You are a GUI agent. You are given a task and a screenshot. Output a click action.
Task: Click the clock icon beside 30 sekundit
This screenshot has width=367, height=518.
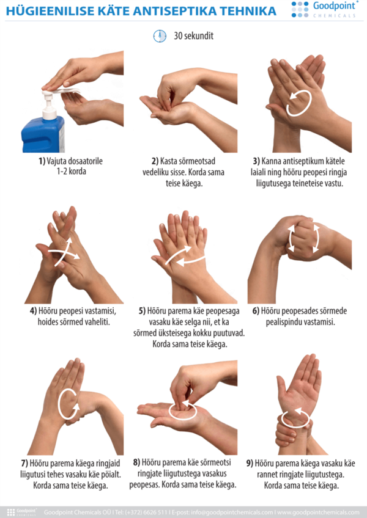click(x=160, y=35)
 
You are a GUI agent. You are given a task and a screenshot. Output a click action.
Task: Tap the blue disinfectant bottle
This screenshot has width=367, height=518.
click(x=43, y=134)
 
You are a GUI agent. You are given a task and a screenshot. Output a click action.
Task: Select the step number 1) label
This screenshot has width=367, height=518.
click(x=42, y=161)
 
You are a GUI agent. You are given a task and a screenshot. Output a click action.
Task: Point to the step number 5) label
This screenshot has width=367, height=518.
click(x=143, y=311)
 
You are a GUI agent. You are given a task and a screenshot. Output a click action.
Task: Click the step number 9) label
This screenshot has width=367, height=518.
click(x=250, y=464)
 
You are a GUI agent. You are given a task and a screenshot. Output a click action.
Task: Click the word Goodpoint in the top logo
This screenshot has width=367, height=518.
click(x=334, y=5)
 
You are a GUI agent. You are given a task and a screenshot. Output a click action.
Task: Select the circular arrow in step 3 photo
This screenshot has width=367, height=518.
click(x=299, y=103)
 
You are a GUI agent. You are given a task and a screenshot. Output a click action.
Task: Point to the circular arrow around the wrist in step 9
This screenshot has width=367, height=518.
click(x=295, y=418)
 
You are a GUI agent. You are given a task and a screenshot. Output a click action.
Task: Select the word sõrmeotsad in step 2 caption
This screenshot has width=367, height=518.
click(x=196, y=161)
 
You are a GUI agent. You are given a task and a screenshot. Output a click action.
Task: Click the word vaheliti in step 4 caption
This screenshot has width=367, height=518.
click(x=97, y=321)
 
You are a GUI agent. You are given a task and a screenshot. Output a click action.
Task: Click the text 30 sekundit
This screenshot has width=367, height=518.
click(x=194, y=35)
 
